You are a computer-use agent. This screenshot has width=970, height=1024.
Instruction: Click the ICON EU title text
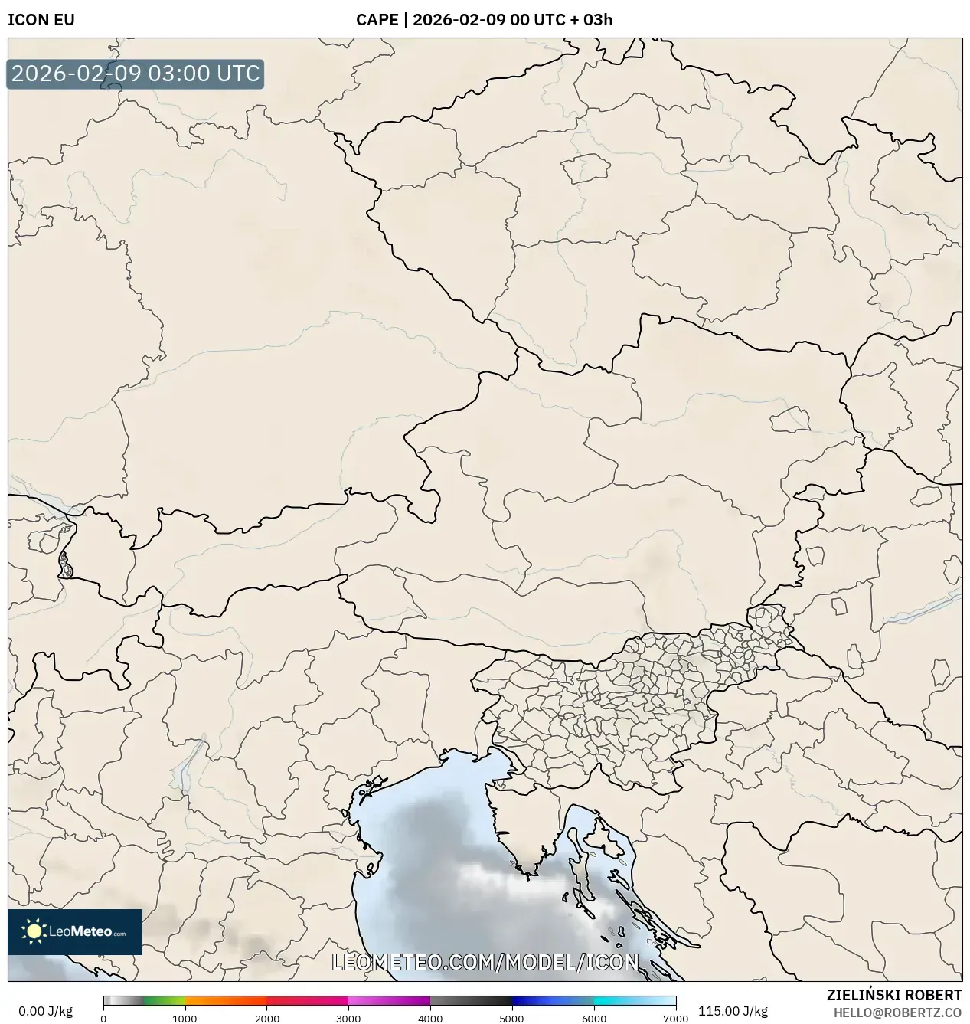[x=41, y=20]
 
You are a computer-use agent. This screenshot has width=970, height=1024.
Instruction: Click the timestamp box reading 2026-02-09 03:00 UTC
[x=136, y=74]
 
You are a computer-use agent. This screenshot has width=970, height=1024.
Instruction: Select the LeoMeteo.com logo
[x=75, y=931]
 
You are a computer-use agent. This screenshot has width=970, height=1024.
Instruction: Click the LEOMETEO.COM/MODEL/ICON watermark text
[x=485, y=962]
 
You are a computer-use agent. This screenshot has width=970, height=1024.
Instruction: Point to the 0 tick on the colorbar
[x=103, y=1019]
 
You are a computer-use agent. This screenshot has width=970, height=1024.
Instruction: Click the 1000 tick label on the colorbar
[x=185, y=1019]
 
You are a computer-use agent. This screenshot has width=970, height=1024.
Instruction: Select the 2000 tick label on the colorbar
[x=266, y=1019]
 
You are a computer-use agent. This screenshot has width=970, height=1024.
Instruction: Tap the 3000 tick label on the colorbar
[x=348, y=1019]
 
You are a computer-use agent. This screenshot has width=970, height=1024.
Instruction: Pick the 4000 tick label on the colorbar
[x=430, y=1019]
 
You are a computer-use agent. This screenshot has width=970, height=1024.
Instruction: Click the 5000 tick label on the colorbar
[x=511, y=1019]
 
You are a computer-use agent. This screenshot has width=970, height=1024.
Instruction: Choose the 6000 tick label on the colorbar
[x=593, y=1019]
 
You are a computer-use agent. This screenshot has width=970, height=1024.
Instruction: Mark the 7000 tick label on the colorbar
[x=675, y=1019]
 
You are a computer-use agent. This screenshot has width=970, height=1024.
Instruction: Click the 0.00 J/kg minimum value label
[x=45, y=1011]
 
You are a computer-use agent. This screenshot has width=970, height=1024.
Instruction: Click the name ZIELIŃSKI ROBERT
[x=893, y=995]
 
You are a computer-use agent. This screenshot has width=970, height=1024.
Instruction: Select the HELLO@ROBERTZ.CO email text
[x=897, y=1013]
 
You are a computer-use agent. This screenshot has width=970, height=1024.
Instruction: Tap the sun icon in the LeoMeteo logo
[x=34, y=931]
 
